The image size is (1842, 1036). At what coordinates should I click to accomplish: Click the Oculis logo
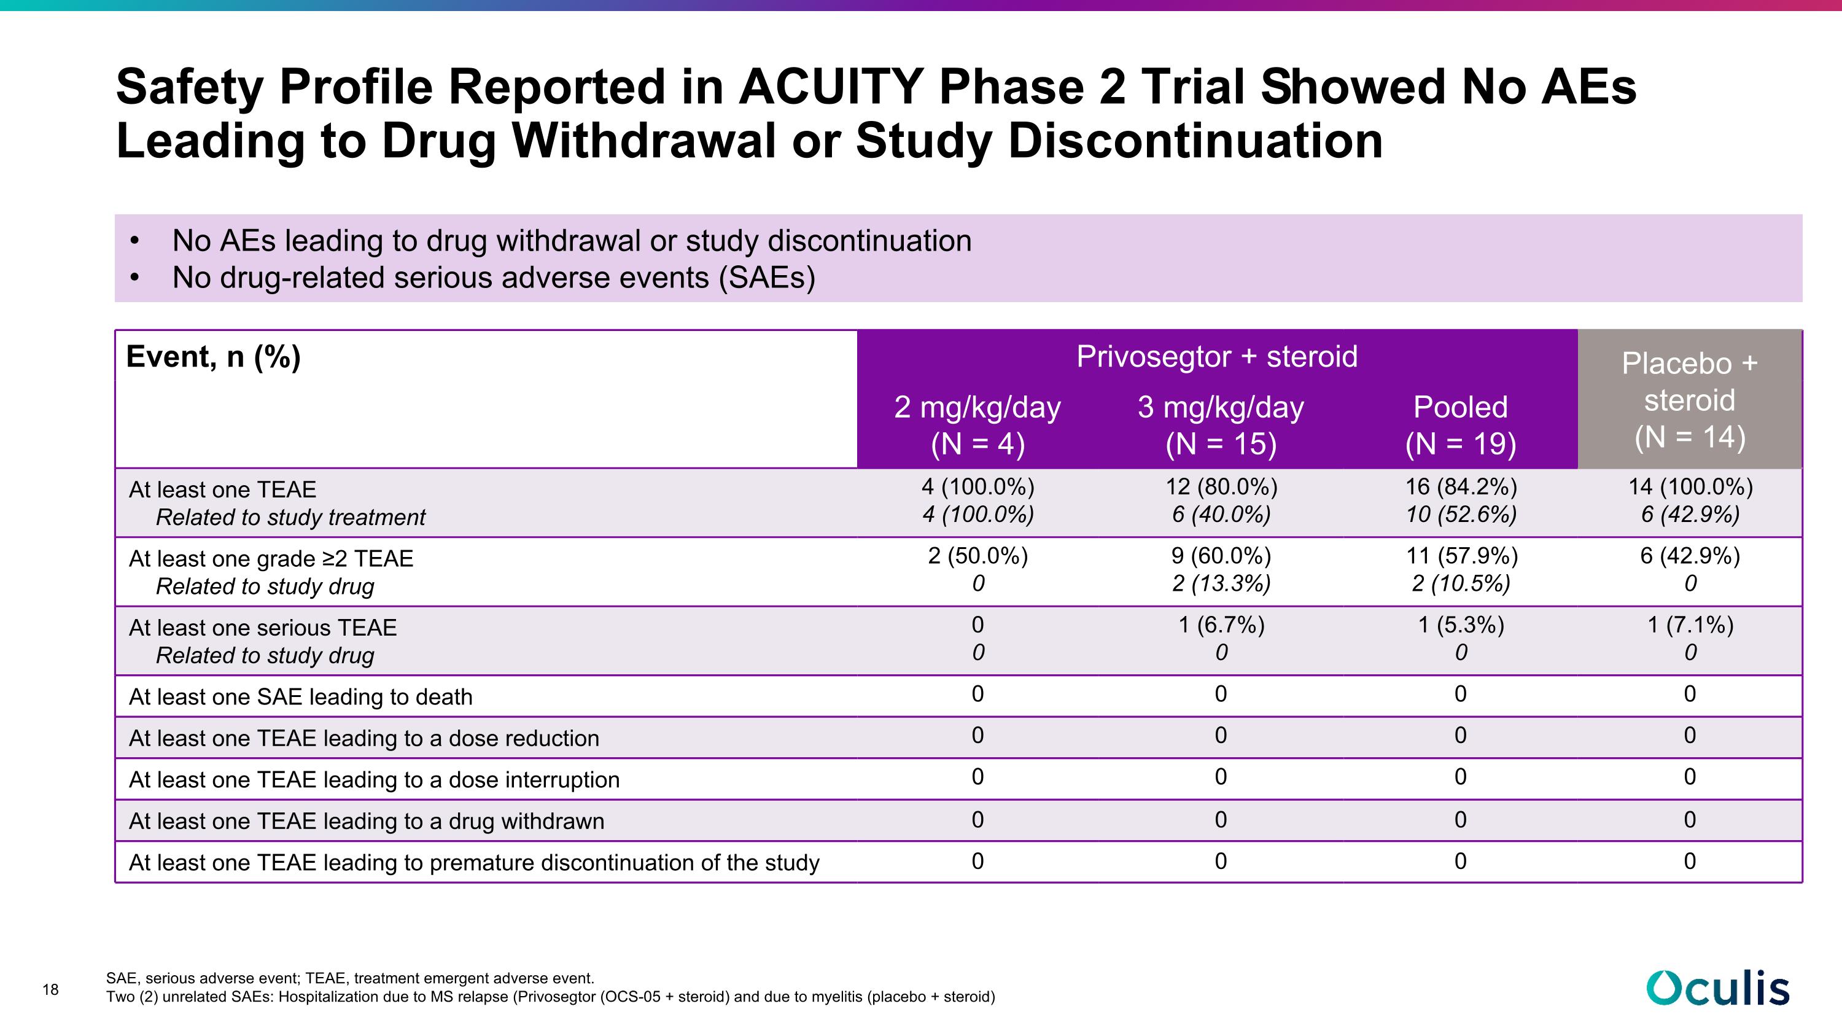[1719, 988]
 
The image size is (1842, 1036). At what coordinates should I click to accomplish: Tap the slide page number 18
[50, 989]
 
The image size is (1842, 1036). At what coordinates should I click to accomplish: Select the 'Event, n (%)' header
[213, 356]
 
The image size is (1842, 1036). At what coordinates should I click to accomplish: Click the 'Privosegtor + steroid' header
[1217, 356]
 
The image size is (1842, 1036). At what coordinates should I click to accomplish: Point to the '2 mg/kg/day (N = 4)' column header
[977, 426]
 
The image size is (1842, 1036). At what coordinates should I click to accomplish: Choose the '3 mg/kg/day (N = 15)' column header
[1221, 426]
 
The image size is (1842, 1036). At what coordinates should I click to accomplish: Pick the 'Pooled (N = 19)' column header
[1461, 426]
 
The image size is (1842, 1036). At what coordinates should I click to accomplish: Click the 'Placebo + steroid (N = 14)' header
[1690, 400]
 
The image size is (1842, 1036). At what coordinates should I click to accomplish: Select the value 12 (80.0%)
[1221, 487]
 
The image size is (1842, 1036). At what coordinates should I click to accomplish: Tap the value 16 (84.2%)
[1461, 487]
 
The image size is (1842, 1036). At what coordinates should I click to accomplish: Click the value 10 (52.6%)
[1461, 514]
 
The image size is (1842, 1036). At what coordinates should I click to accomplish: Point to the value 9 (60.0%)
[1221, 556]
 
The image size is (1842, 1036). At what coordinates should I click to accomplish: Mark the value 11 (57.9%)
[1461, 556]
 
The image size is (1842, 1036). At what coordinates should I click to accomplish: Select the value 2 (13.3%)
[1221, 583]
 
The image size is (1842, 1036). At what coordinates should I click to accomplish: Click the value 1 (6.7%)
[1221, 625]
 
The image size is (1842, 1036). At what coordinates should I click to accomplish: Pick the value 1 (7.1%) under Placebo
[1690, 625]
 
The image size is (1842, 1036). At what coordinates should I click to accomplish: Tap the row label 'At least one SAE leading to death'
[300, 696]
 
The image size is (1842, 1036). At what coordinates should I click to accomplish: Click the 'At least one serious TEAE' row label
[262, 627]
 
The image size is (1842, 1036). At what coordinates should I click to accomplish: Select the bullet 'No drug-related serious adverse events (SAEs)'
[494, 278]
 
